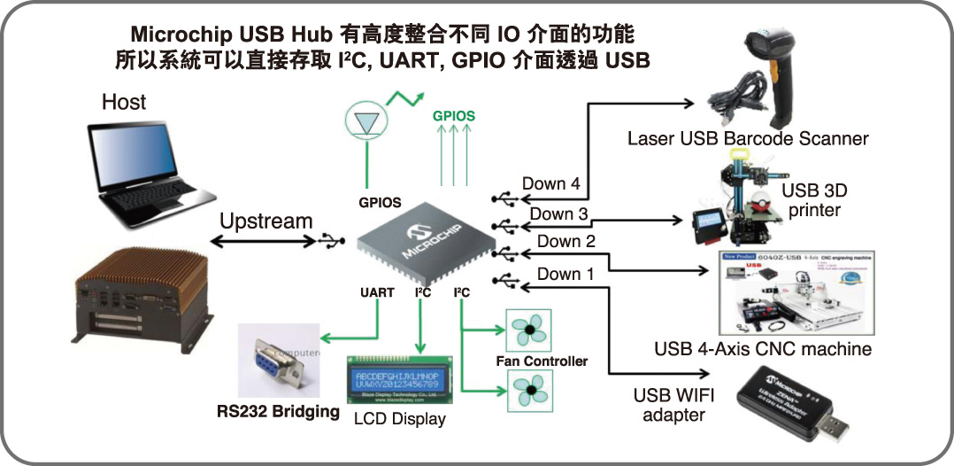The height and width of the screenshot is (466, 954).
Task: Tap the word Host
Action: pos(124,102)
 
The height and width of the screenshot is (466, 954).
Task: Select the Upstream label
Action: pos(265,221)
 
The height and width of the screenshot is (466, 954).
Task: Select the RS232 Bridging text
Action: pos(279,411)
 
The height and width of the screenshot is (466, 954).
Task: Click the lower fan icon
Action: pos(528,391)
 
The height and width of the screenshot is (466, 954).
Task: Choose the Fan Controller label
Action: pos(542,361)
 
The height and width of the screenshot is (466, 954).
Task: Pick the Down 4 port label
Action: pos(550,184)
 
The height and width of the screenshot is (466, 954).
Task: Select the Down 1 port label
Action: pos(565,274)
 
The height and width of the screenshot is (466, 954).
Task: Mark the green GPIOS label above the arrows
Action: pos(453,116)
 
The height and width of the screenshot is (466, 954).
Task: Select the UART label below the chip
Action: pos(377,292)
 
